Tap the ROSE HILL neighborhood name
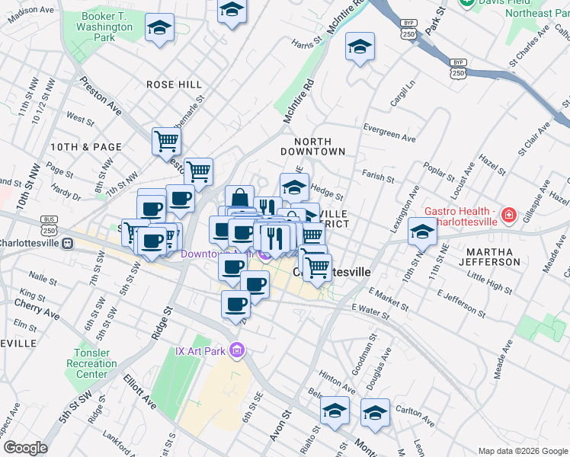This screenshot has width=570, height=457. (x=174, y=85)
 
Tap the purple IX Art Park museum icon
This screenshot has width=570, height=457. (x=237, y=350)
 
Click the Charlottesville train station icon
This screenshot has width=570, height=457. (x=67, y=244)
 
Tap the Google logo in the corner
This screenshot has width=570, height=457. (x=25, y=447)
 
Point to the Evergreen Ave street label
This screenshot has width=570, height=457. (x=389, y=133)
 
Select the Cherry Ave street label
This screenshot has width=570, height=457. (x=37, y=308)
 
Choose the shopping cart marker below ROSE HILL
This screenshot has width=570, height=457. (x=166, y=141)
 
